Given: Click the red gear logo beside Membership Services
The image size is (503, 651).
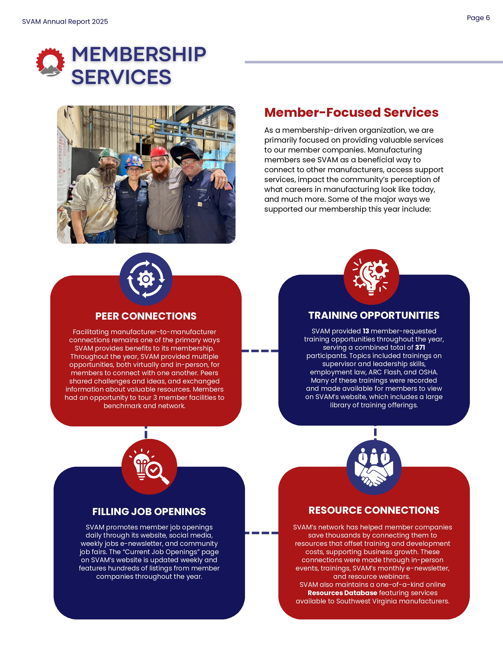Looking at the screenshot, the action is (50, 62).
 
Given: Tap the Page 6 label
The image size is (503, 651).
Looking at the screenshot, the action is (478, 18).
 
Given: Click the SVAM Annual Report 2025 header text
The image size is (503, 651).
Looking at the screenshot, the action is (65, 22).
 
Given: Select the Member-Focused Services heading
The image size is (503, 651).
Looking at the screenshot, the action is (351, 112).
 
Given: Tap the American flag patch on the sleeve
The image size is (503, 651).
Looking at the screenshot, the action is (228, 187).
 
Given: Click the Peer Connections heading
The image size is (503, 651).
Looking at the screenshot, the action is (146, 316).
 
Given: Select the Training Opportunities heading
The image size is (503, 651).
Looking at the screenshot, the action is (374, 315).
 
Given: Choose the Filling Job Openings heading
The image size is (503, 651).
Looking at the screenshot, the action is (149, 512).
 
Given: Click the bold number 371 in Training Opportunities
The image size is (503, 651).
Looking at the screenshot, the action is (420, 347).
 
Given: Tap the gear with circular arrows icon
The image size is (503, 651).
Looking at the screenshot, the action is (146, 279).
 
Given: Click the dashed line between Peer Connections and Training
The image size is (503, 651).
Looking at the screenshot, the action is (260, 351).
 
